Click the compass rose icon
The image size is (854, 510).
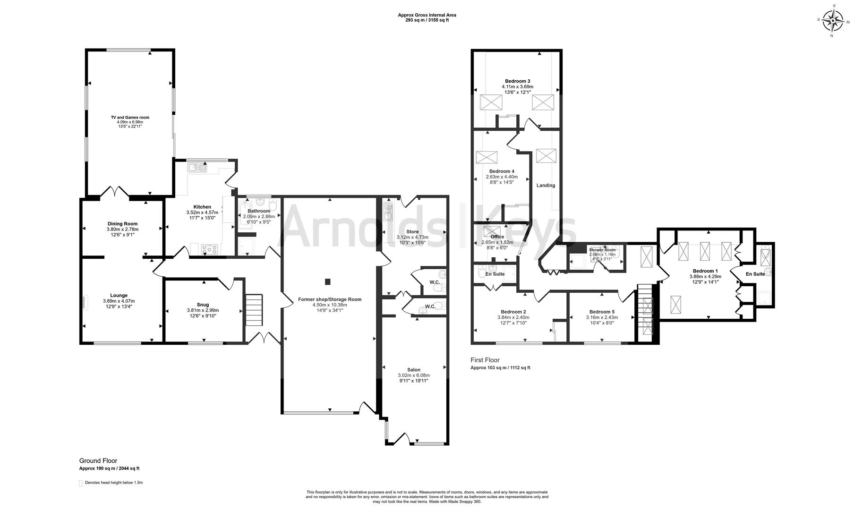pyautogui.click(x=833, y=20)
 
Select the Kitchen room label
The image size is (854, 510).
pyautogui.click(x=202, y=207)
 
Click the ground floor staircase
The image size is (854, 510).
pyautogui.click(x=254, y=310)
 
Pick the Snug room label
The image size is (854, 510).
pyautogui.click(x=203, y=305)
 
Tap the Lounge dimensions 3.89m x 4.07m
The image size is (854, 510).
pyautogui.click(x=119, y=301)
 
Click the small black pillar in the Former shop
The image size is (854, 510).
pyautogui.click(x=327, y=282)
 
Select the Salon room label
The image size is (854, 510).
pyautogui.click(x=414, y=370)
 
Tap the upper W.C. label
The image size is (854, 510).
pyautogui.click(x=435, y=282)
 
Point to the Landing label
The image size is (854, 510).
pyautogui.click(x=546, y=186)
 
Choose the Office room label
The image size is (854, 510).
pyautogui.click(x=497, y=237)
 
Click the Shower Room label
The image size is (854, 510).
pyautogui.click(x=602, y=250)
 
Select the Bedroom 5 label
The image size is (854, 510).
pyautogui.click(x=602, y=312)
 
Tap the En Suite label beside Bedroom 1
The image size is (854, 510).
pyautogui.click(x=755, y=274)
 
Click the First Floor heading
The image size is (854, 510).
pyautogui.click(x=485, y=360)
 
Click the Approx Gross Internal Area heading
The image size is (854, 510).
pyautogui.click(x=427, y=15)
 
